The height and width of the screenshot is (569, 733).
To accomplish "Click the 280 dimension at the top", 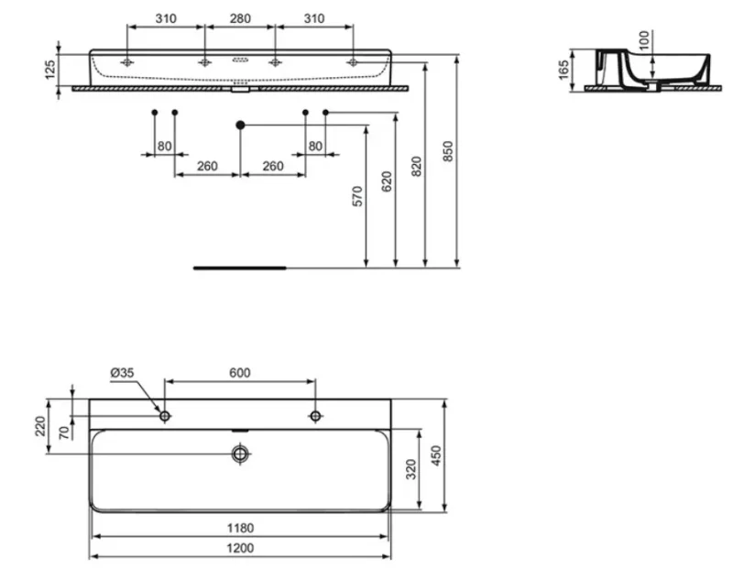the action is click(240, 18).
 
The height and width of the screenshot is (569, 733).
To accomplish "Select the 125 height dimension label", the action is click(50, 70).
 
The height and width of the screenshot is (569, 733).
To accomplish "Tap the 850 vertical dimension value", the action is click(447, 151).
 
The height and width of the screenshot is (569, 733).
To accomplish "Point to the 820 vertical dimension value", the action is click(416, 167).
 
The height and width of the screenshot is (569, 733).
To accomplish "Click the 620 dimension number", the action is click(387, 181).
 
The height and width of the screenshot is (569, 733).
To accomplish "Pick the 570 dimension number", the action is click(356, 196).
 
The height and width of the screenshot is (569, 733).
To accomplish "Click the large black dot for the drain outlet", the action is click(240, 125).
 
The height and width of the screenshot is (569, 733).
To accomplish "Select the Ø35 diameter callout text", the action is click(122, 373).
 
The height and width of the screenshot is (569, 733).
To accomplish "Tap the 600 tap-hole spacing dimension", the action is click(239, 373).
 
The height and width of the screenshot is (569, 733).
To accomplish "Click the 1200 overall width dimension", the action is click(240, 548).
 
